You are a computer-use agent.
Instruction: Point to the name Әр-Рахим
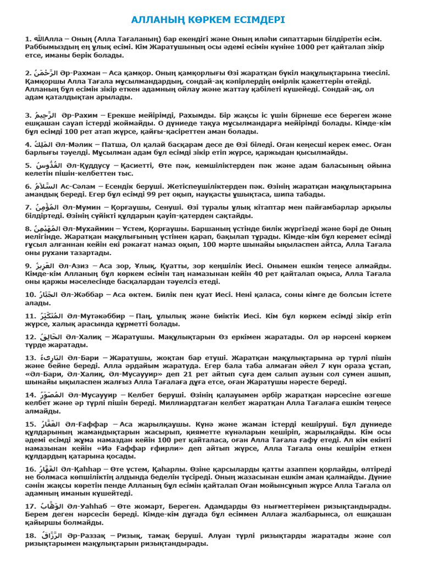pos(79,115)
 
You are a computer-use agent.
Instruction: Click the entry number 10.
pos(31,295)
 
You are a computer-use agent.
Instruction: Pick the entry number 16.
pos(31,469)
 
